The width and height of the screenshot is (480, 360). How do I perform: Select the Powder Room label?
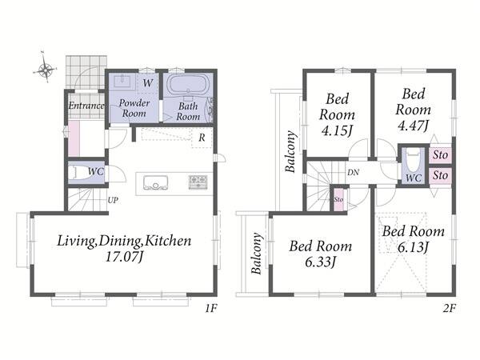(134, 108)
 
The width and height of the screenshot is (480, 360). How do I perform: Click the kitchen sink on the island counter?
(155, 182)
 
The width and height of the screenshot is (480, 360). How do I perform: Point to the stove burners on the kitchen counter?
(198, 182)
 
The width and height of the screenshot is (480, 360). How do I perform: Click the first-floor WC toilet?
(76, 173)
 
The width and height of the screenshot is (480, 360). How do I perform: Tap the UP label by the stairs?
(113, 201)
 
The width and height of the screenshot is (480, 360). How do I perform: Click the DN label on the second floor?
(353, 173)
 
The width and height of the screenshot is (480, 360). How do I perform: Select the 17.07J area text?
(124, 257)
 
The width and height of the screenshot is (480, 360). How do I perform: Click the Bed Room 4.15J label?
(337, 114)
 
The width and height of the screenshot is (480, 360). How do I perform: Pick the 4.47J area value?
(413, 126)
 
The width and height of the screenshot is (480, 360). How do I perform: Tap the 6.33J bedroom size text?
(321, 262)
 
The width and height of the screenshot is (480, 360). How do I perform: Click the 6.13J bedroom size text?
(413, 246)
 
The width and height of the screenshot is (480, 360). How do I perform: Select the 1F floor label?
(211, 309)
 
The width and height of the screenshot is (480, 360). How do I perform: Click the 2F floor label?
(449, 309)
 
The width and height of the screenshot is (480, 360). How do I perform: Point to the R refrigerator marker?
(202, 138)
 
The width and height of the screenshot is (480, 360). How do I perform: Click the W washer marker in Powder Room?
(148, 82)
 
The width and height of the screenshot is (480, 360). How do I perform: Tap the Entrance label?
(86, 106)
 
